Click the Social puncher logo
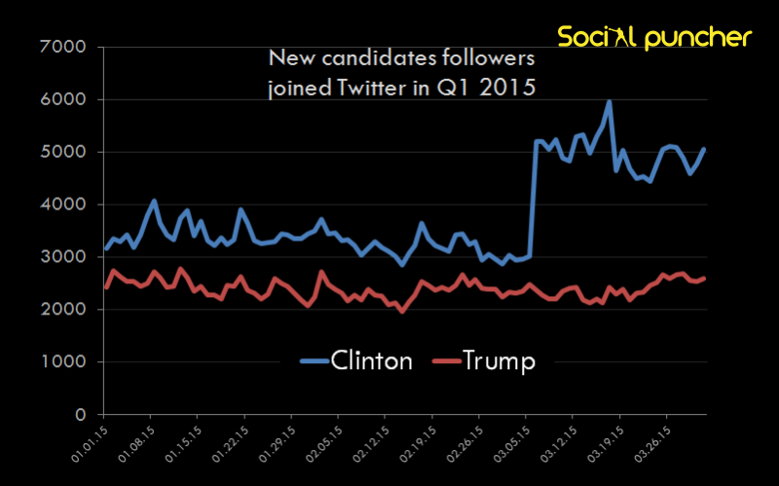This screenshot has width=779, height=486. (x=654, y=38)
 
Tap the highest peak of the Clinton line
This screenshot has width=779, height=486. (x=609, y=100)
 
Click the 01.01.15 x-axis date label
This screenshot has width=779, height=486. (x=90, y=442)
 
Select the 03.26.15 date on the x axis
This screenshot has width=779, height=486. (x=651, y=442)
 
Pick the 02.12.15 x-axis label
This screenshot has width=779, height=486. (x=371, y=442)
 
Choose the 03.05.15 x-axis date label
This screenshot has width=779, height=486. (x=511, y=442)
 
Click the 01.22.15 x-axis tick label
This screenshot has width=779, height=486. (x=231, y=442)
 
